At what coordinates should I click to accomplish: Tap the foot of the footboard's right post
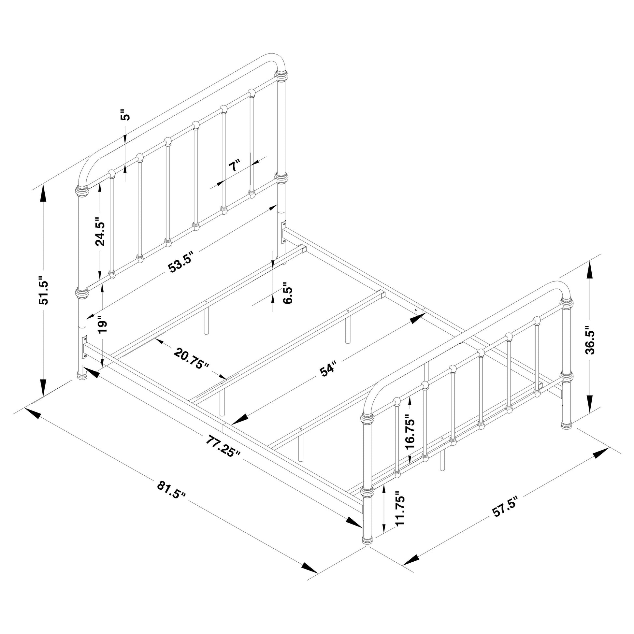(567, 424)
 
